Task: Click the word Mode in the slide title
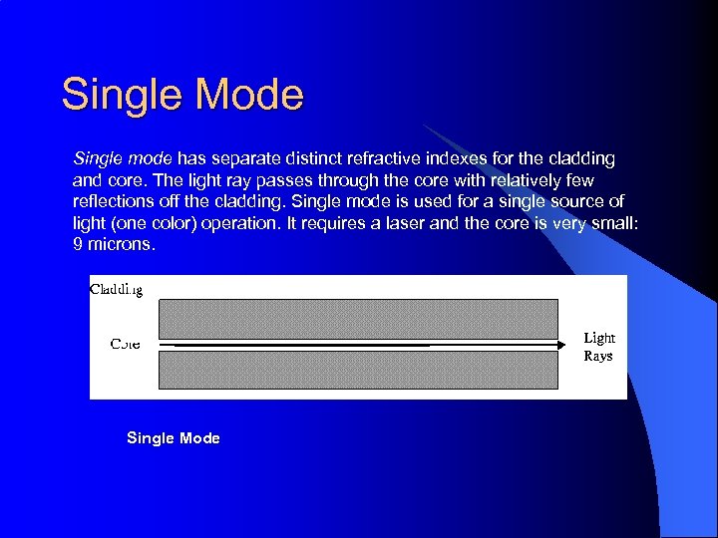pos(249,95)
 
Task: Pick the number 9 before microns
pos(78,243)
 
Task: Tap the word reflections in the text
pos(112,201)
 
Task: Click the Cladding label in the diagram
pos(117,290)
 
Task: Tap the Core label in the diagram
pos(125,344)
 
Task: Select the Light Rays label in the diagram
pos(598,347)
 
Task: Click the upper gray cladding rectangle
pos(358,319)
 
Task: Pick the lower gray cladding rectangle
pos(358,370)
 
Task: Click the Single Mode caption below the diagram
pos(174,438)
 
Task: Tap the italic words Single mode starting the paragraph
pos(123,158)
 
